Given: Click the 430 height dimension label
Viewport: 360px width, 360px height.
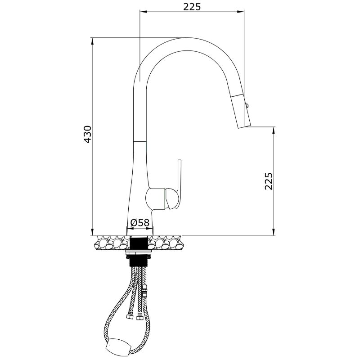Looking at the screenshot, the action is [88, 134].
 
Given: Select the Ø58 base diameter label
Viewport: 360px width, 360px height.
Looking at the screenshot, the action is [140, 222].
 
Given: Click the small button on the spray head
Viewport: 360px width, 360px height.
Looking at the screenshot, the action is [247, 106].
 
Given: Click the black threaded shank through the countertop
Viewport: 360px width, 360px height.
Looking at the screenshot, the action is [139, 243].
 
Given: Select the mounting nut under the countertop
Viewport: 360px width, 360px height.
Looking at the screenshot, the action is [139, 253].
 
